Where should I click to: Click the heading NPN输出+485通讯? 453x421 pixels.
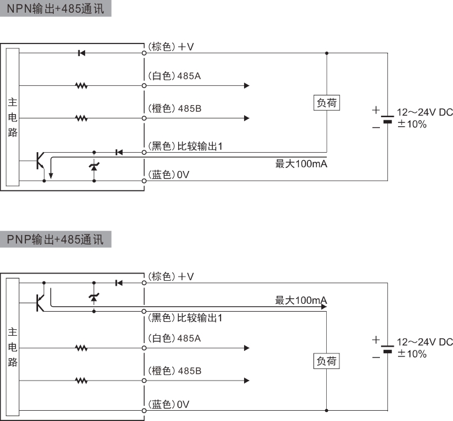click(x=56, y=10)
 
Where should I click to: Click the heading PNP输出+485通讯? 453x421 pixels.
click(x=56, y=239)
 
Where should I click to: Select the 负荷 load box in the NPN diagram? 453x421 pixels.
click(x=327, y=103)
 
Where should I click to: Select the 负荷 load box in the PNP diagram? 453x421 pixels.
click(x=327, y=361)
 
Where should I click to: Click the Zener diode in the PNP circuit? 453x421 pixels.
click(x=94, y=297)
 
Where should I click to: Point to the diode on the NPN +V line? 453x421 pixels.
click(x=82, y=53)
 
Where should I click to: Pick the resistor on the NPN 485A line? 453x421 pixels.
click(x=82, y=86)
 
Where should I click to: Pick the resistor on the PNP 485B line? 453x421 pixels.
click(x=82, y=381)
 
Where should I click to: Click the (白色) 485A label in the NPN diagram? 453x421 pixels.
click(x=175, y=76)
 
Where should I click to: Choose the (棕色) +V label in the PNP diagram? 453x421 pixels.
click(x=171, y=276)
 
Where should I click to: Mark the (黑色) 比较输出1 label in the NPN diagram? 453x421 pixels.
click(x=185, y=146)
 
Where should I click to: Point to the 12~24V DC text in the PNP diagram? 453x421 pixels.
click(x=424, y=342)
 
